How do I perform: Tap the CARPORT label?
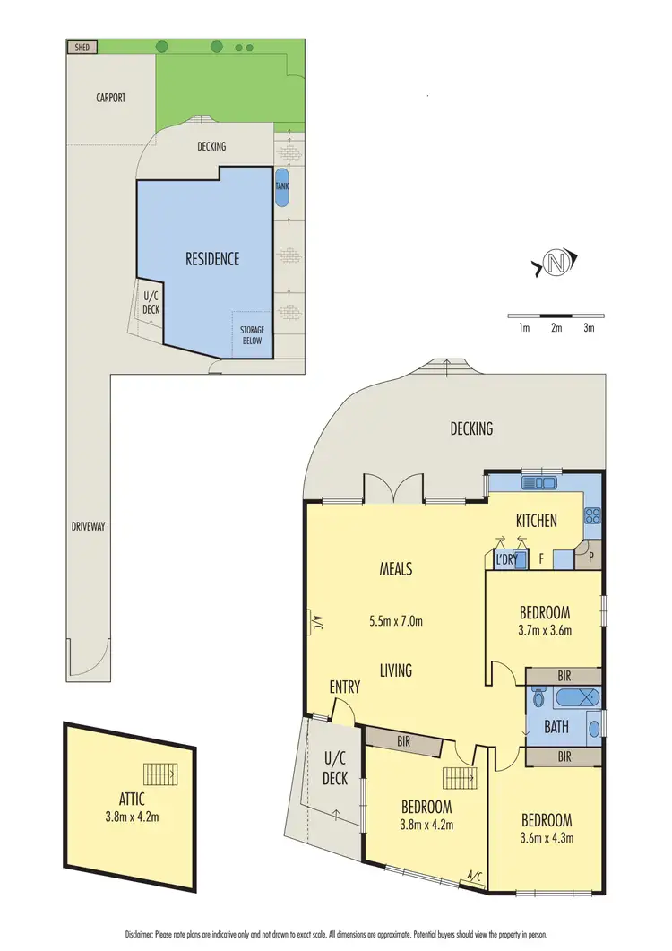pyautogui.click(x=111, y=98)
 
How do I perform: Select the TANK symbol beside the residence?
pyautogui.click(x=282, y=187)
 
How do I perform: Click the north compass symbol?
pyautogui.click(x=556, y=264)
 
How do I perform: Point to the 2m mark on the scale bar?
pyautogui.click(x=556, y=328)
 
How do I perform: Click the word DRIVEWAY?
pyautogui.click(x=87, y=527)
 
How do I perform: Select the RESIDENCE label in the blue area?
pyautogui.click(x=212, y=259)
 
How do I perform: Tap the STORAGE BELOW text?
pyautogui.click(x=252, y=336)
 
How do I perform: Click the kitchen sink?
pyautogui.click(x=540, y=483)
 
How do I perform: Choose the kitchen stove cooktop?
pyautogui.click(x=592, y=515)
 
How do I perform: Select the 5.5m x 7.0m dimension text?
pyautogui.click(x=396, y=620)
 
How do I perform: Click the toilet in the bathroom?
pyautogui.click(x=538, y=698)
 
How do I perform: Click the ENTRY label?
pyautogui.click(x=345, y=687)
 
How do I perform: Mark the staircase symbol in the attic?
pyautogui.click(x=161, y=773)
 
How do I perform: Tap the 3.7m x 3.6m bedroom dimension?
pyautogui.click(x=545, y=630)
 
